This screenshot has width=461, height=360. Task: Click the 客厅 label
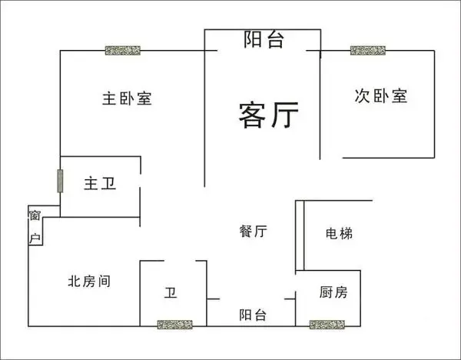pyautogui.click(x=269, y=115)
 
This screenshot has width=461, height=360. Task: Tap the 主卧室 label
pyautogui.click(x=127, y=98)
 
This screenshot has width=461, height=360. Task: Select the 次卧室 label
pyautogui.click(x=381, y=95)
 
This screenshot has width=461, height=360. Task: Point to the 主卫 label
pyautogui.click(x=100, y=183)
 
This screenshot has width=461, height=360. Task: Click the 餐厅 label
pyautogui.click(x=253, y=231)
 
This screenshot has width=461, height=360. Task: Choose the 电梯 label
pyautogui.click(x=339, y=233)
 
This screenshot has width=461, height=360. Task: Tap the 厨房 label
pyautogui.click(x=333, y=292)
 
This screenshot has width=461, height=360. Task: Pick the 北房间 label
pyautogui.click(x=89, y=281)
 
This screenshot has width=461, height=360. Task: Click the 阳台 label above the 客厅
pyautogui.click(x=264, y=39)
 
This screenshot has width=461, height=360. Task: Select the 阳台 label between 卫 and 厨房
pyautogui.click(x=253, y=315)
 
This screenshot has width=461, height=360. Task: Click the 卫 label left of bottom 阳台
pyautogui.click(x=171, y=292)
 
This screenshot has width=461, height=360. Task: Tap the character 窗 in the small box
pyautogui.click(x=35, y=215)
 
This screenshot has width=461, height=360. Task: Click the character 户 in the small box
pyautogui.click(x=35, y=238)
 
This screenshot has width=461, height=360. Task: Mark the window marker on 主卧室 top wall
pyautogui.click(x=123, y=50)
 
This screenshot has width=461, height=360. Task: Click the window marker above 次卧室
pyautogui.click(x=368, y=50)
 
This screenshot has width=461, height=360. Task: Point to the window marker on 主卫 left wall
pyautogui.click(x=60, y=181)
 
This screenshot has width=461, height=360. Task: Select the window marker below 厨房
pyautogui.click(x=327, y=325)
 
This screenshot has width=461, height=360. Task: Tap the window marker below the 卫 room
pyautogui.click(x=175, y=325)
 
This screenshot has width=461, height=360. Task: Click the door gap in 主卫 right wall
pyautogui.click(x=141, y=180)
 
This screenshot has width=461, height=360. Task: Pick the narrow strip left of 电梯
pyautogui.click(x=300, y=235)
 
